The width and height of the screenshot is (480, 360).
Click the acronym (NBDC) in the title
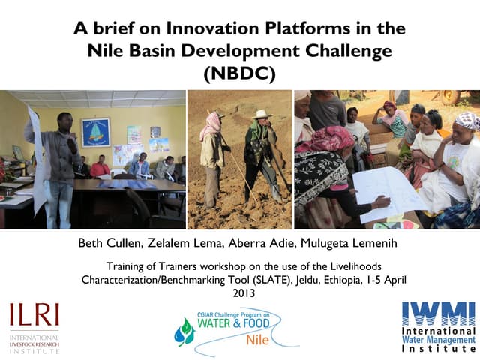coord(240,73)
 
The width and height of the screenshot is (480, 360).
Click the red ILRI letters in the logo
coord(34,314)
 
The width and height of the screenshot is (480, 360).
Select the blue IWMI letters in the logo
coord(439,313)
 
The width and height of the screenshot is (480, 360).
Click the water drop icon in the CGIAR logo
coord(184,331)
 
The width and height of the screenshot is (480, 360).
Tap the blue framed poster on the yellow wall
coord(95,133)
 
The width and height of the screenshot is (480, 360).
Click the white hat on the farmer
coord(261,114)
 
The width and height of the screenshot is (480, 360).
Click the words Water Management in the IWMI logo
coord(439,339)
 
